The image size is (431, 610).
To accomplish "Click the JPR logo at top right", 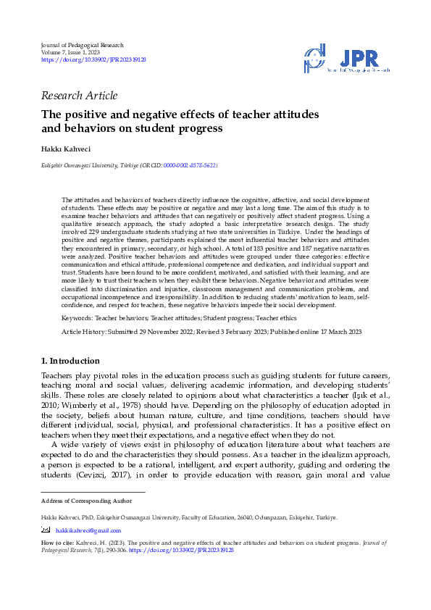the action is coord(347,59).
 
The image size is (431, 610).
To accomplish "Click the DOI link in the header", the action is coord(93,60).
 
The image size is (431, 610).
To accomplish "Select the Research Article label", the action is coord(80,96).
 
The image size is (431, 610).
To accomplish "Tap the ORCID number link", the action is coord(190,166).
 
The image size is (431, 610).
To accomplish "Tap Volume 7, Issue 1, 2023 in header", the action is coord(71,53).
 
